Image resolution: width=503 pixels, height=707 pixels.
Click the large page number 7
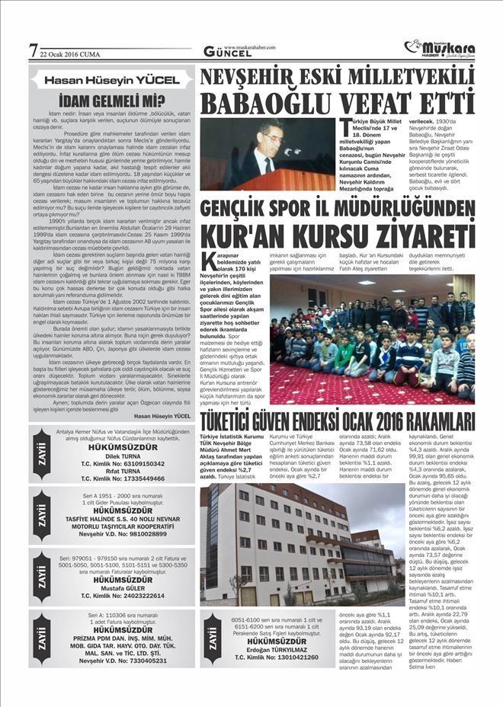(x=33, y=50)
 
